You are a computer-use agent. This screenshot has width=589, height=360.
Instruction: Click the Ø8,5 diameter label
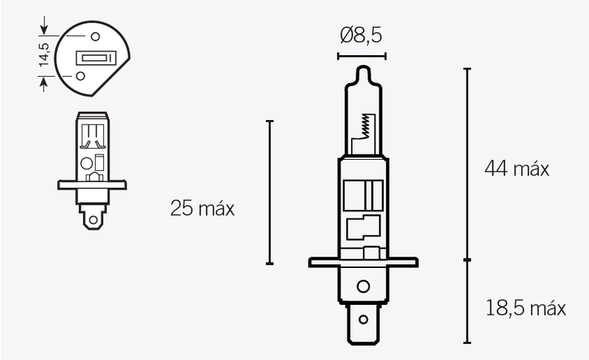point(361,35)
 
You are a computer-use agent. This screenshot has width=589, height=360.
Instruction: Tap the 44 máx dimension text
point(517,169)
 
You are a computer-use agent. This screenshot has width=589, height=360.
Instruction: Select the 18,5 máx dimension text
point(526,308)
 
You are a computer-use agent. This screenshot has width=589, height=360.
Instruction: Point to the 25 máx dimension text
point(202,208)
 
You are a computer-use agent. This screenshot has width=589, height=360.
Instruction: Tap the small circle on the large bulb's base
point(361,286)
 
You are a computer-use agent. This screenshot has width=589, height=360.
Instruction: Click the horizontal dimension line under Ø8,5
point(361,55)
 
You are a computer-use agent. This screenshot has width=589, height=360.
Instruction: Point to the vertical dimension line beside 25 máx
point(269,191)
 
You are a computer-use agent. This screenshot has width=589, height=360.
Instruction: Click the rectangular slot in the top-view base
point(94,57)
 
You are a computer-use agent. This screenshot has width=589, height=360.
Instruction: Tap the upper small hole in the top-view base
point(95,35)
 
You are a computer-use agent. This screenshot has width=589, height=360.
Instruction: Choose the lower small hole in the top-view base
point(80,75)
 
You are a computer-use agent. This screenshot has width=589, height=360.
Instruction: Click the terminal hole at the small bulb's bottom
point(93,217)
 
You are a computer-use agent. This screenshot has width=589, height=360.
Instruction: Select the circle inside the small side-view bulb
point(86,163)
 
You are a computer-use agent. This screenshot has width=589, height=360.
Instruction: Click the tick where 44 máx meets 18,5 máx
point(467,260)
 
